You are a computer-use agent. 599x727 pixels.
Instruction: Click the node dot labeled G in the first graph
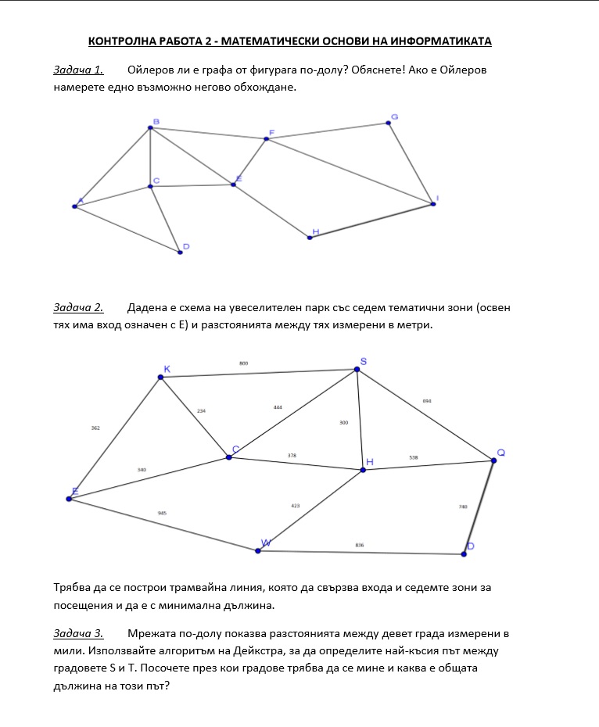click(x=389, y=124)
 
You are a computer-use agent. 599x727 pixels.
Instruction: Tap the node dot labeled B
click(x=151, y=128)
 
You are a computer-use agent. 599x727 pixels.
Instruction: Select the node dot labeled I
click(x=432, y=204)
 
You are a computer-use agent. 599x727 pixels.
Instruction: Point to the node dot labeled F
click(x=267, y=139)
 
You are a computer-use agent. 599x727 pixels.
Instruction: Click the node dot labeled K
click(x=160, y=378)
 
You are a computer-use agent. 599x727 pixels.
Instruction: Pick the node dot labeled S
click(x=357, y=369)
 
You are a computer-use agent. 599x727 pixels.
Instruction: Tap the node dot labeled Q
click(x=493, y=460)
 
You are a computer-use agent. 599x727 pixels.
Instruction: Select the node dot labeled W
click(x=258, y=550)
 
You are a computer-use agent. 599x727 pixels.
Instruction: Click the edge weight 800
click(x=243, y=363)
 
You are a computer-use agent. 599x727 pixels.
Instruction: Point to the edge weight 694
click(x=426, y=401)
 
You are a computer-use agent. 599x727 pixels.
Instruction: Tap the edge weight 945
click(x=162, y=513)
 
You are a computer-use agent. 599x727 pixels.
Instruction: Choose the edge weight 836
click(x=360, y=545)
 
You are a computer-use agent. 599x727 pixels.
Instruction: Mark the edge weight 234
click(x=201, y=410)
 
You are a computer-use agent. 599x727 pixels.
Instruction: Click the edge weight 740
click(x=463, y=507)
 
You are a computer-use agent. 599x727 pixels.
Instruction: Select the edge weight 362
click(x=95, y=428)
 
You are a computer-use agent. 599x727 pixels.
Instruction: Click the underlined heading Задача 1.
click(x=78, y=70)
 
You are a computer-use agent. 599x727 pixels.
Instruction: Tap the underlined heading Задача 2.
click(x=78, y=307)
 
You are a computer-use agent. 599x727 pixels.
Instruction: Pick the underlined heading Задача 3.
click(x=78, y=633)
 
